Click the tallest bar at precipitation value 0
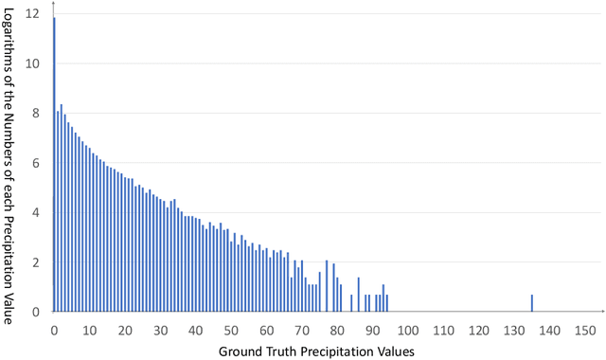(54, 161)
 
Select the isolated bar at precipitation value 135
(532, 303)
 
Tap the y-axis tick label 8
(36, 114)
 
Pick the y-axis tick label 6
(36, 163)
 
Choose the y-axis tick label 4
(36, 213)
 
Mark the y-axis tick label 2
(36, 262)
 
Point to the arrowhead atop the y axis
(54, 5)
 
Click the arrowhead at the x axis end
(601, 312)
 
